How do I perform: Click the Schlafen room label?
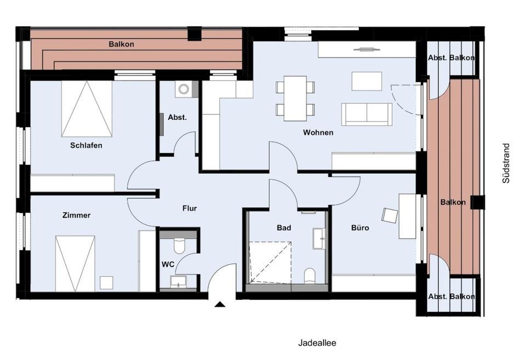(86, 146)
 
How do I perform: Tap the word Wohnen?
(318, 133)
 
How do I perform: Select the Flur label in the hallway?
(190, 208)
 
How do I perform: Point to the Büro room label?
(360, 228)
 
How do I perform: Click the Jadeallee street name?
(317, 343)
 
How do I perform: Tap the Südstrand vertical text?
(506, 163)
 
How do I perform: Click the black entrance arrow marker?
(220, 304)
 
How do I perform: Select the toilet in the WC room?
(180, 246)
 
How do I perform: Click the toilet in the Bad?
(310, 276)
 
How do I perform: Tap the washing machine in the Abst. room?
(184, 89)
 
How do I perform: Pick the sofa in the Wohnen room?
(367, 114)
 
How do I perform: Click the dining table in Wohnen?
(295, 98)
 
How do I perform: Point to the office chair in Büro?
(389, 215)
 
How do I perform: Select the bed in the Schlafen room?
(87, 108)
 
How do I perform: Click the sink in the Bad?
(319, 238)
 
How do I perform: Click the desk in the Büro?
(407, 216)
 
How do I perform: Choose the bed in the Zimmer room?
(75, 264)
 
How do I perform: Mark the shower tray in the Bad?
(270, 262)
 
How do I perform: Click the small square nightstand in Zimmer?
(107, 283)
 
